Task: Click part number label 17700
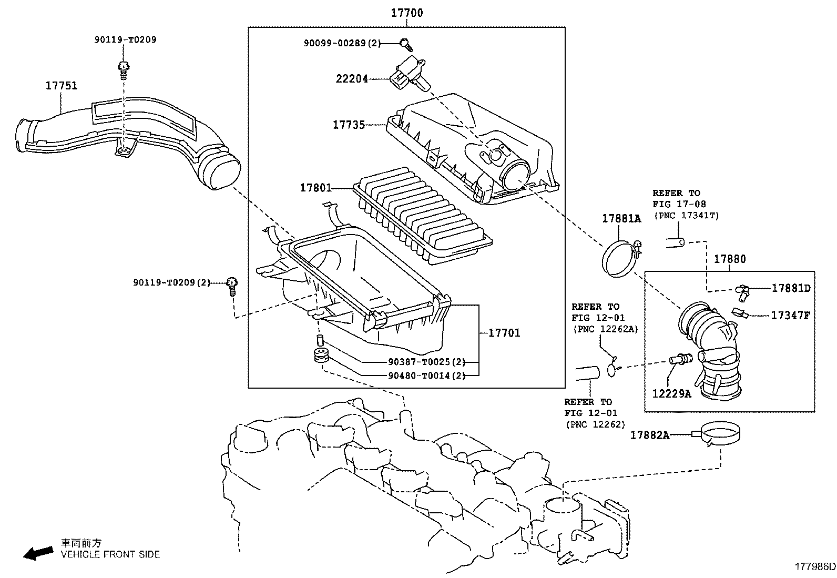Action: point(406,13)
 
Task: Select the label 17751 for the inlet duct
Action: point(61,85)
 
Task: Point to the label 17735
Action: point(348,125)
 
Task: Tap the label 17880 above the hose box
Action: point(729,259)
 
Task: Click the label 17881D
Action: point(791,288)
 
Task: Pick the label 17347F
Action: point(790,316)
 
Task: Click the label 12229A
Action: point(671,393)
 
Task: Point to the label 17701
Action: point(504,333)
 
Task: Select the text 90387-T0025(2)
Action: point(426,362)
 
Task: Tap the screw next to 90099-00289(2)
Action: point(404,42)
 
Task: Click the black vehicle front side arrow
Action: point(38,552)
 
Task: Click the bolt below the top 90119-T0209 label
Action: point(124,68)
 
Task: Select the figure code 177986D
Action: point(814,566)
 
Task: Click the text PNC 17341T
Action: point(686,215)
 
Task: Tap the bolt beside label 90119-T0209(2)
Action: point(232,285)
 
